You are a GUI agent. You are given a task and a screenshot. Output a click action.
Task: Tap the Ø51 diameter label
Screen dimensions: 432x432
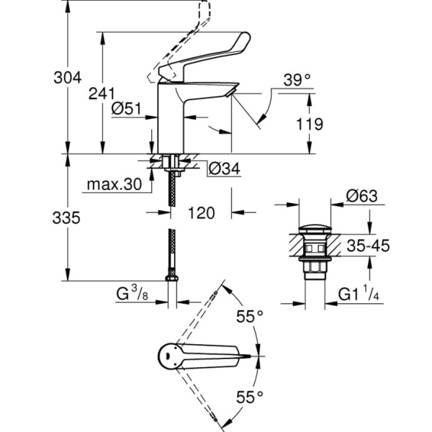127,109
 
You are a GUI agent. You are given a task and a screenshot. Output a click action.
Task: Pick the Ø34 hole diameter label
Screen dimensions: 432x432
222,170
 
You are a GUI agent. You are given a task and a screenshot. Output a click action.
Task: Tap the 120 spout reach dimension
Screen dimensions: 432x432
202,213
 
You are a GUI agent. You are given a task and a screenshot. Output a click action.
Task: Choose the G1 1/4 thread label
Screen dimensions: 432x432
363,295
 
